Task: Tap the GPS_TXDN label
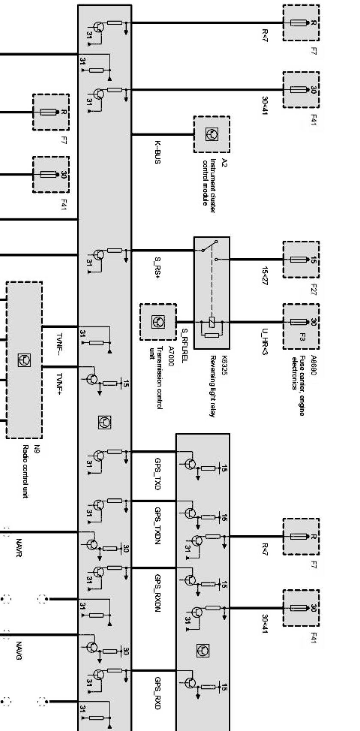coord(157,526)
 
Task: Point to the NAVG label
coord(19,650)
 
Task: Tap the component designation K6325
coord(224,365)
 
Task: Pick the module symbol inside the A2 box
coord(212,134)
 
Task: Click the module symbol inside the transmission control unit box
coord(158,322)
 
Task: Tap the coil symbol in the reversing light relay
coord(212,322)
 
